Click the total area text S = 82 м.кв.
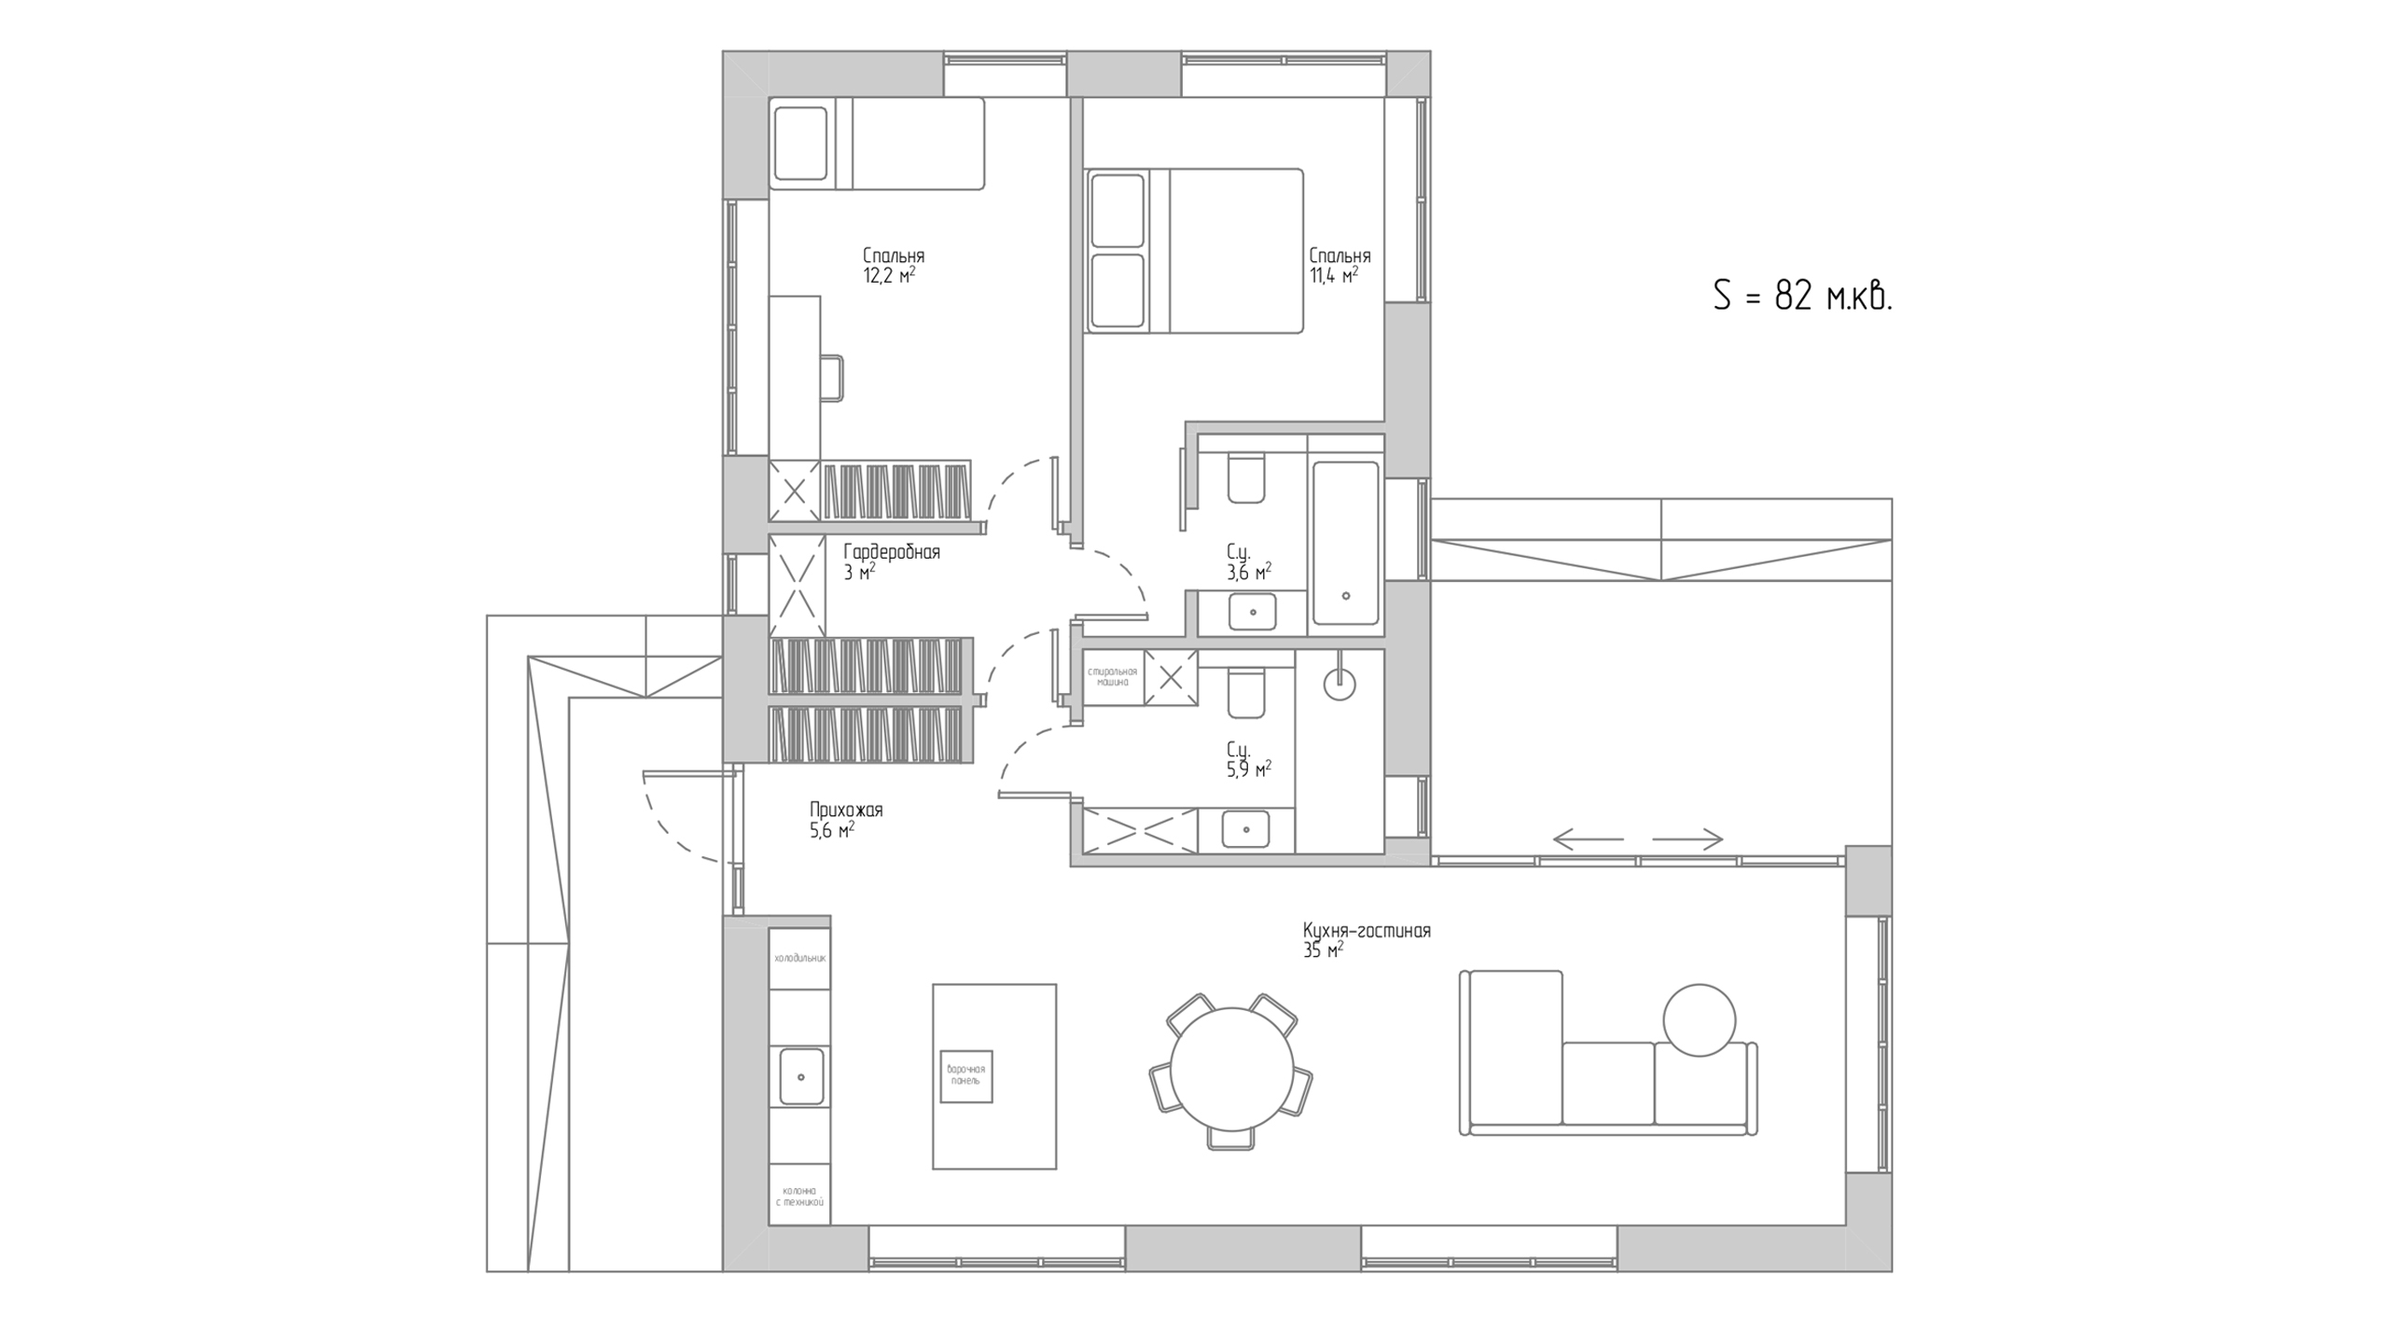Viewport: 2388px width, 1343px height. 1802,297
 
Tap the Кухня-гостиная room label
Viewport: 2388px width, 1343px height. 1367,931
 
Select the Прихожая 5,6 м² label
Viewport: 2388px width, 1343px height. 846,820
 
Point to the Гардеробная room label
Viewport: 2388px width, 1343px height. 892,552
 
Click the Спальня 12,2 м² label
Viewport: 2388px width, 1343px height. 893,265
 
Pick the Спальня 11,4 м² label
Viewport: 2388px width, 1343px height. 1340,265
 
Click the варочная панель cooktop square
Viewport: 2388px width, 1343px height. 965,1075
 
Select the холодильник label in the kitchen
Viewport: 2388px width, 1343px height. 800,958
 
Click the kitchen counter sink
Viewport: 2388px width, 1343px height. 800,1076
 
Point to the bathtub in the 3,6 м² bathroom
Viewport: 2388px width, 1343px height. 1345,543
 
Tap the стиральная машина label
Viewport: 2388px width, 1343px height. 1113,676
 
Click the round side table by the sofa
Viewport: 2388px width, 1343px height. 1699,1020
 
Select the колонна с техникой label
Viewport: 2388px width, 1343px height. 800,1197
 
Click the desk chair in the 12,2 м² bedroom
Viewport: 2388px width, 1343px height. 832,379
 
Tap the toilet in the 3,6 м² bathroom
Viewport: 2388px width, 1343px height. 1246,478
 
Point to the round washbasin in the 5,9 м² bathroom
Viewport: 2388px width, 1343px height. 1340,684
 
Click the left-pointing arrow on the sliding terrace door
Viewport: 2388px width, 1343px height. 1589,839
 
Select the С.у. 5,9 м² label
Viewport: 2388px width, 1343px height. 1249,759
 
